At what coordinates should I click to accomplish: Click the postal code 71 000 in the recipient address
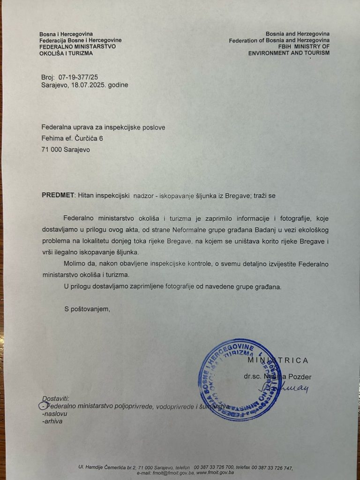pyautogui.click(x=52, y=150)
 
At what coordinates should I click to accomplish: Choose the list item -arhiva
pyautogui.click(x=52, y=421)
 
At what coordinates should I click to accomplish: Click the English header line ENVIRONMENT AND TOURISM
pyautogui.click(x=289, y=53)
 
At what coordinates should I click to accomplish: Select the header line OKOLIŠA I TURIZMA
pyautogui.click(x=66, y=53)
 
